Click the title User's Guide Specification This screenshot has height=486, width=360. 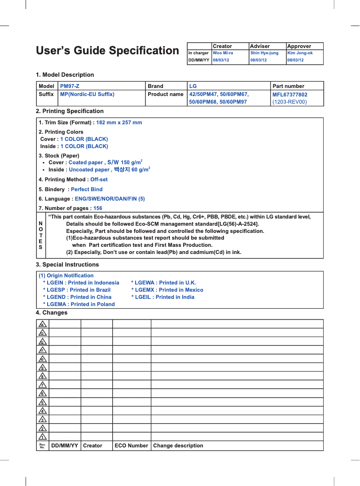pyautogui.click(x=107, y=51)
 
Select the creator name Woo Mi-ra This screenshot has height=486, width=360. pyautogui.click(x=223, y=53)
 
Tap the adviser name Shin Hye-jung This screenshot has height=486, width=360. pyautogui.click(x=264, y=53)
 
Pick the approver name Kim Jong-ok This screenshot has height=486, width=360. pyautogui.click(x=300, y=53)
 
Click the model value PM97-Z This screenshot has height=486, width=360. pyautogui.click(x=70, y=86)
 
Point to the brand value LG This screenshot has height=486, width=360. pyautogui.click(x=193, y=86)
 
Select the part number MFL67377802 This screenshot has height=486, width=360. pyautogui.click(x=290, y=95)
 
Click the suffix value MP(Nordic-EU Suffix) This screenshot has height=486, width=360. pyautogui.click(x=87, y=94)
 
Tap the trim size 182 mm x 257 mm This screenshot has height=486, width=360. pyautogui.click(x=119, y=123)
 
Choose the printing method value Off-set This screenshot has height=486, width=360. pyautogui.click(x=99, y=180)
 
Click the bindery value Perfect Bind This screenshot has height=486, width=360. pyautogui.click(x=87, y=189)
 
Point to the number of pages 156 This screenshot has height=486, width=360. pyautogui.click(x=97, y=208)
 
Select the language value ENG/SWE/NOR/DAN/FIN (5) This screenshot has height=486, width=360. pyautogui.click(x=110, y=199)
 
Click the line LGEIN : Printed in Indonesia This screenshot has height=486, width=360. pyautogui.click(x=81, y=283)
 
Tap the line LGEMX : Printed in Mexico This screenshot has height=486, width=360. pyautogui.click(x=167, y=290)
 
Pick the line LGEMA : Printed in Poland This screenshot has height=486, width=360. pyautogui.click(x=79, y=304)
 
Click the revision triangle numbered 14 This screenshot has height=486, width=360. pyautogui.click(x=43, y=324)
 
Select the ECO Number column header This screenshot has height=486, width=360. pyautogui.click(x=131, y=446)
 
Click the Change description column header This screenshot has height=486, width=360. pyautogui.click(x=178, y=446)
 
